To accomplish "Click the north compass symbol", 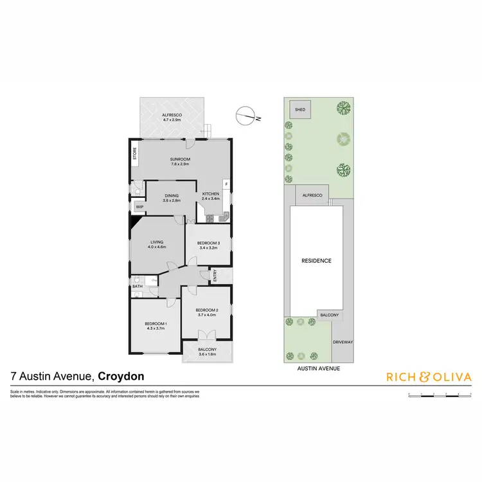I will (x=246, y=116).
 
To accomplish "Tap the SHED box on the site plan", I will (x=299, y=110).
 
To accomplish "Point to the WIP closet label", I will (x=139, y=207).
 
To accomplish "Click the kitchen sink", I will (x=223, y=218).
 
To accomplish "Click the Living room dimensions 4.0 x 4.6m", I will (x=157, y=247).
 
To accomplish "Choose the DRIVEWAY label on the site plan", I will (x=343, y=342).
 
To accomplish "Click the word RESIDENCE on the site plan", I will (x=317, y=260).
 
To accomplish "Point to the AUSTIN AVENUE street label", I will (x=319, y=368).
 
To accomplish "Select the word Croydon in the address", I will (x=120, y=377).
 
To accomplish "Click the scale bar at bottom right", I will (x=440, y=393).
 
